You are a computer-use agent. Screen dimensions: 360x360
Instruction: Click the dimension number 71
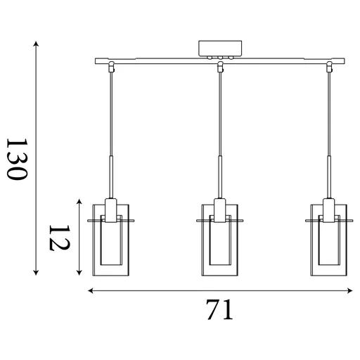[x=219, y=309]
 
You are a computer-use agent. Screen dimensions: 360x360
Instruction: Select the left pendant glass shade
[x=111, y=239]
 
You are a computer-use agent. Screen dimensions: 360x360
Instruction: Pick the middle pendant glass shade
[x=219, y=239]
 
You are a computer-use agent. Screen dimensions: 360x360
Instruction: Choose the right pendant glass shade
[x=328, y=239]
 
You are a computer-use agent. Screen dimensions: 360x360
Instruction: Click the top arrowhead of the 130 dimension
[x=36, y=44]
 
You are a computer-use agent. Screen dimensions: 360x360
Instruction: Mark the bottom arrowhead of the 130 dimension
[x=36, y=273]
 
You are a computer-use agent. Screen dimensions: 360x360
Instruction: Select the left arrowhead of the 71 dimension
[x=90, y=290]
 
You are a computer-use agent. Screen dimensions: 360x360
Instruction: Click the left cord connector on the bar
[x=111, y=68]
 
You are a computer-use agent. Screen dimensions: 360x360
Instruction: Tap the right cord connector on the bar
[x=328, y=68]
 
